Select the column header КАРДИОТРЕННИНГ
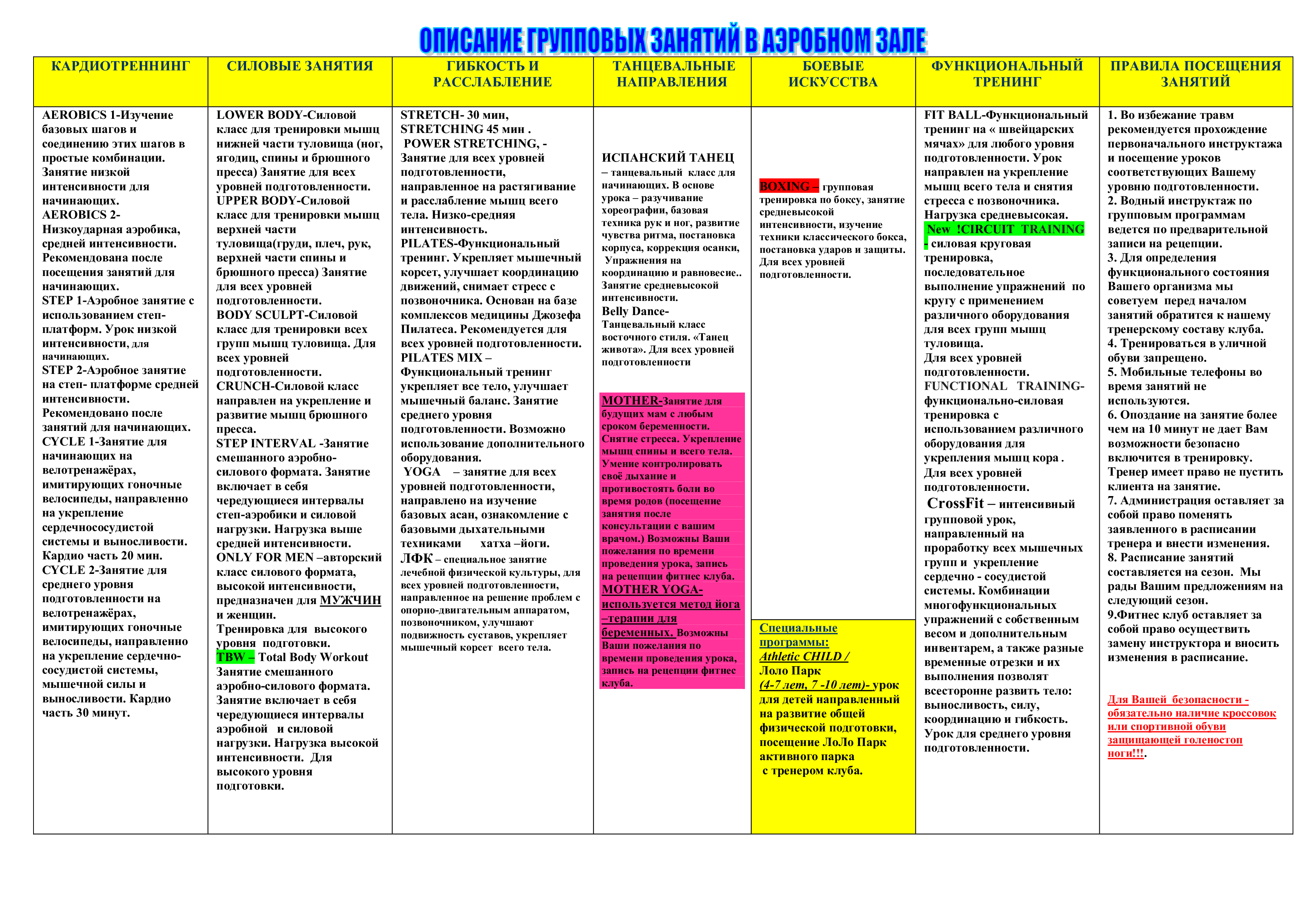pyautogui.click(x=121, y=66)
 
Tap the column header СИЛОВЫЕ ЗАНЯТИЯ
pyautogui.click(x=300, y=66)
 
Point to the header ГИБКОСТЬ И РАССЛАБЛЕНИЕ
pyautogui.click(x=493, y=74)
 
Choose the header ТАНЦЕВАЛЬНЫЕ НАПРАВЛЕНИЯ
pyautogui.click(x=673, y=74)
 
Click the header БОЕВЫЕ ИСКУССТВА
pyautogui.click(x=833, y=74)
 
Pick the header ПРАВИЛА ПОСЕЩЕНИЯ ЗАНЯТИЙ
pyautogui.click(x=1196, y=74)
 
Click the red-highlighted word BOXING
pyautogui.click(x=785, y=186)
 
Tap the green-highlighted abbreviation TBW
pyautogui.click(x=230, y=657)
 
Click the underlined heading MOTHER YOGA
pyautogui.click(x=652, y=590)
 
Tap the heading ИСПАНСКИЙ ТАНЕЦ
pyautogui.click(x=668, y=158)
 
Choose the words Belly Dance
pyautogui.click(x=635, y=311)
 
